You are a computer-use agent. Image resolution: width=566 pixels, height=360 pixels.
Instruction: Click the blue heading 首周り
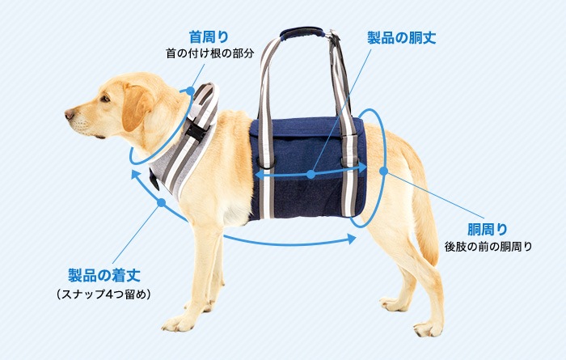209,37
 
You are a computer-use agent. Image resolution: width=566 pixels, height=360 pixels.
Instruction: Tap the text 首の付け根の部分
209,53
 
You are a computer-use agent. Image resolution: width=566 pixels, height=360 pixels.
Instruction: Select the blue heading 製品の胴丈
401,37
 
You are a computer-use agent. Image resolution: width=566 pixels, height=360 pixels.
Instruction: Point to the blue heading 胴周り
488,229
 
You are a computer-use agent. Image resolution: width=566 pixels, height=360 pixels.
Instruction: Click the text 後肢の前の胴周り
488,247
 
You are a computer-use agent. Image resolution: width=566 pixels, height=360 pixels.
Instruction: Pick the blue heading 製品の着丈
104,276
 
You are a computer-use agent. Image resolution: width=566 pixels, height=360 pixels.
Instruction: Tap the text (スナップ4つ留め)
103,294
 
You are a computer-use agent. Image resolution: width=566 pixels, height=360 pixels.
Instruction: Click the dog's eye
105,99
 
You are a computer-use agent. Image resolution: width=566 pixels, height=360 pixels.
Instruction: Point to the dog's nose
70,114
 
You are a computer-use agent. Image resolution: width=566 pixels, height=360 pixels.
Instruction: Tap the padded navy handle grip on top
302,32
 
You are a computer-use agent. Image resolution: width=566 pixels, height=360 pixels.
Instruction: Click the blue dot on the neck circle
190,91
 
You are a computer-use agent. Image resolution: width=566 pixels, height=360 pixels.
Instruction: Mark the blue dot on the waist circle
384,172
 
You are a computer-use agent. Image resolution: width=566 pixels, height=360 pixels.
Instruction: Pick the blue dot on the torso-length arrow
310,175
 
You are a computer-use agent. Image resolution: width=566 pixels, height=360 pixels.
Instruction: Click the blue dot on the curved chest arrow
162,202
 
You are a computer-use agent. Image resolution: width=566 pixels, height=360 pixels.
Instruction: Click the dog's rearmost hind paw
428,328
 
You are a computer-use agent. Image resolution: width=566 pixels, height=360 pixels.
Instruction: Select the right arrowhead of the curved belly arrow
352,239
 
